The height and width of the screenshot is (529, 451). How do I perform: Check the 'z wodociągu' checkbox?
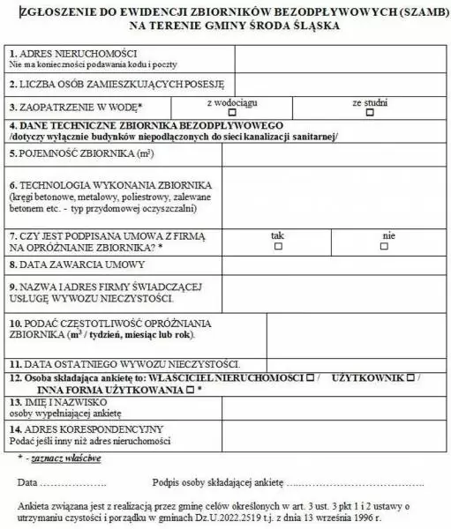[232, 112]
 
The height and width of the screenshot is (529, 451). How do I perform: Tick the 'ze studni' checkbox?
[370, 112]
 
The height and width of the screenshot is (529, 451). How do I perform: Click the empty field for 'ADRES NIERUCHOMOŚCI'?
[342, 59]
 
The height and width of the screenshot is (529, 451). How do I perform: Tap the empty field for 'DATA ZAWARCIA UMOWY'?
[335, 265]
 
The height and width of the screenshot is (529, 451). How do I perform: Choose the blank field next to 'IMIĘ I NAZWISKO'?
[335, 406]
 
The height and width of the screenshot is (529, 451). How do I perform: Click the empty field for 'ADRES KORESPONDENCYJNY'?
[335, 434]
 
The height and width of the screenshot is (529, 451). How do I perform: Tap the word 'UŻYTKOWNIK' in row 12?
[372, 376]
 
